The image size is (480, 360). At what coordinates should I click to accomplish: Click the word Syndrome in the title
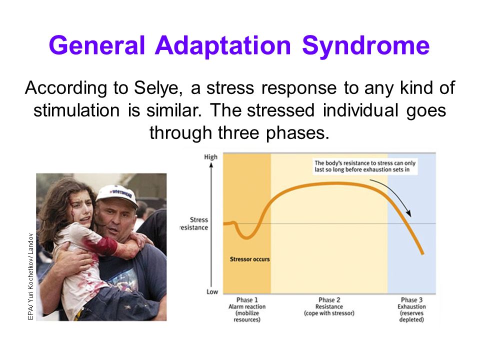pos(366,46)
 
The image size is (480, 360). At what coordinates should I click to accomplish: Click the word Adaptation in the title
pos(223,45)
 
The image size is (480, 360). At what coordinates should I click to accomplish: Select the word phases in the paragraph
pos(297,133)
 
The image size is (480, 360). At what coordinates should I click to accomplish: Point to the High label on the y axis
pos(210,157)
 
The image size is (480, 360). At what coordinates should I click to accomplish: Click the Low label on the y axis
pos(212,291)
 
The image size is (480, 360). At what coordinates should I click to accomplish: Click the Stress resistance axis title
pos(194,224)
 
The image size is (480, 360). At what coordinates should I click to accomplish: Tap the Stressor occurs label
pos(250,259)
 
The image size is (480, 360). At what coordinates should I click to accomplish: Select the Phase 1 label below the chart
pos(247,300)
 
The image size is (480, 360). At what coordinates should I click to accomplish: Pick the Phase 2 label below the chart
pos(329,300)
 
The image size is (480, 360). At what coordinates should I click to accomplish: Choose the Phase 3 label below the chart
pos(411,300)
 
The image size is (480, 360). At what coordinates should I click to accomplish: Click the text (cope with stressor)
pos(329,313)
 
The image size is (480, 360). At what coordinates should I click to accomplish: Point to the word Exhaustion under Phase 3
pos(411,306)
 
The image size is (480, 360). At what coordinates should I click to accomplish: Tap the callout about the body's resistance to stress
pos(365,166)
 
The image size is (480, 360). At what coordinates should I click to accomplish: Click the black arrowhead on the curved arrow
pos(408,213)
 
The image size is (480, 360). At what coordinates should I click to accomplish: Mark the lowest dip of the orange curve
pos(246,237)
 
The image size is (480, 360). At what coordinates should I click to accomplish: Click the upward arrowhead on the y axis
pos(211,165)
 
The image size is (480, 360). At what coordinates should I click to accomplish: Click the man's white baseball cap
pos(117,196)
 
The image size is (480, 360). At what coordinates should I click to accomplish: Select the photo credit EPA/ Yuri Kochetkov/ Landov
pos(30,276)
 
